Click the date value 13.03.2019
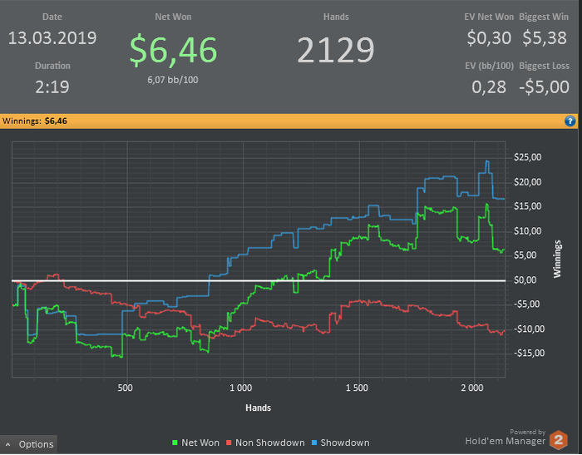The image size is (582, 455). click(x=52, y=38)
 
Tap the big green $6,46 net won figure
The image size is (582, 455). click(x=173, y=50)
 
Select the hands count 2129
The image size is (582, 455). click(x=336, y=52)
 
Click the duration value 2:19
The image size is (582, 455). click(x=52, y=86)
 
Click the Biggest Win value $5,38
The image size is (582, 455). click(x=545, y=38)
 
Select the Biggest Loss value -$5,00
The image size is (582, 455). click(x=544, y=87)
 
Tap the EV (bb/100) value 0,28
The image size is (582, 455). click(x=489, y=87)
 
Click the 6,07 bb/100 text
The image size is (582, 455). click(x=173, y=80)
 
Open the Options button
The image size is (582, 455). click(x=30, y=444)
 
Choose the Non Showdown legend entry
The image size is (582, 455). click(x=265, y=443)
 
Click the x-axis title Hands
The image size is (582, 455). click(x=258, y=408)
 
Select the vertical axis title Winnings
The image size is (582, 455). click(x=558, y=259)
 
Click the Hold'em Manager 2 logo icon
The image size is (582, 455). click(x=559, y=440)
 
